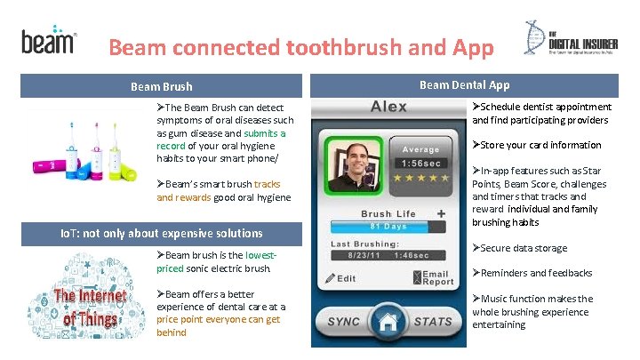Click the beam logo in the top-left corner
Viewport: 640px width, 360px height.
click(48, 41)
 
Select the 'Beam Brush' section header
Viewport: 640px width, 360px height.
click(161, 86)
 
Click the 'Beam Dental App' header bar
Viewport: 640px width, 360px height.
click(464, 85)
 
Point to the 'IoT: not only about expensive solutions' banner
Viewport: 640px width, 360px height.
click(156, 233)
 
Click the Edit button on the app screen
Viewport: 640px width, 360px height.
click(340, 278)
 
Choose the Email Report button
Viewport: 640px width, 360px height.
click(431, 277)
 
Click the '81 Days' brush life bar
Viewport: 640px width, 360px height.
click(388, 228)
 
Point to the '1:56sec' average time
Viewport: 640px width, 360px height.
click(420, 164)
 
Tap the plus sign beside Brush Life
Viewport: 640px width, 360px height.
click(441, 213)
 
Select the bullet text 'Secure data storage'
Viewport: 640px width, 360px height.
click(520, 248)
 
